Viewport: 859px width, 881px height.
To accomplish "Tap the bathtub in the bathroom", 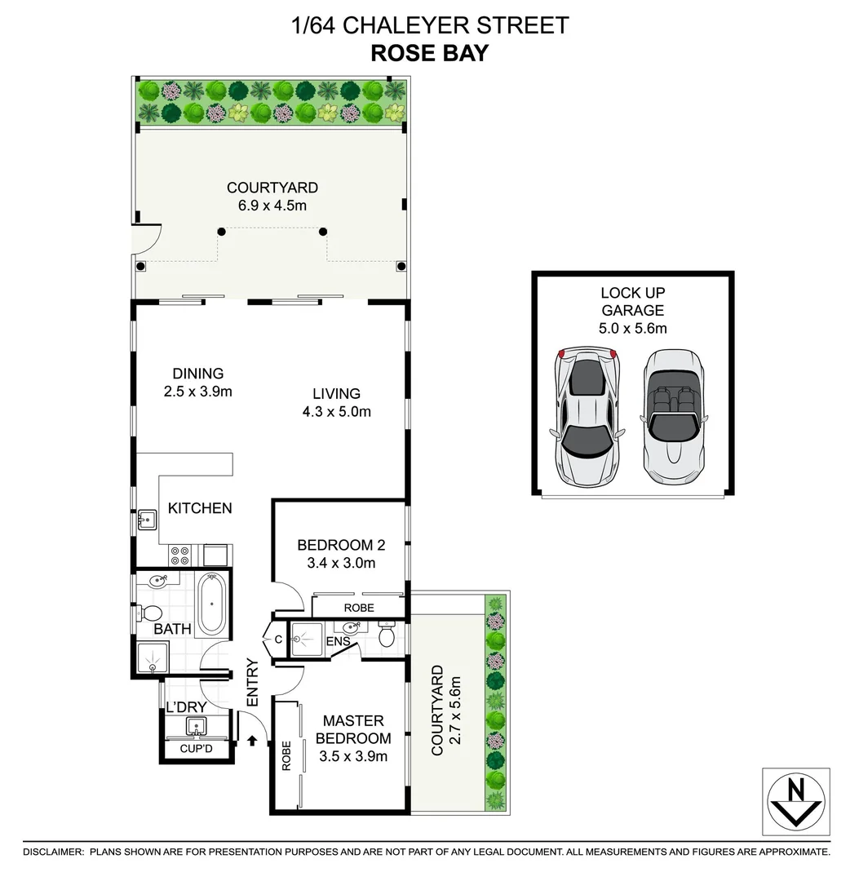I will tap(212, 604).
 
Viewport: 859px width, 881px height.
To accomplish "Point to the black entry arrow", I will tap(252, 741).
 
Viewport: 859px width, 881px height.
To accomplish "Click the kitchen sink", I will tap(148, 519).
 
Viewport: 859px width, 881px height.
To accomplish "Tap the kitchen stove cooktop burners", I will tap(180, 556).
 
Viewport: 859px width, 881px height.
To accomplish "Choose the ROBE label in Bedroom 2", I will tap(359, 608).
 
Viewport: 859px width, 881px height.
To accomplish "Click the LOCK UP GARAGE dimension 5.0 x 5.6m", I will tap(633, 329).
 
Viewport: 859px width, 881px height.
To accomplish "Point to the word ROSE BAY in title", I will tap(429, 54).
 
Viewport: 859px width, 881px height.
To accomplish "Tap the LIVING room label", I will tap(336, 393).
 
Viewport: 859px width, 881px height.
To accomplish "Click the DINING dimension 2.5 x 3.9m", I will tap(198, 392).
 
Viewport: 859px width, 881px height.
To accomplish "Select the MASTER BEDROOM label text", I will tap(353, 729).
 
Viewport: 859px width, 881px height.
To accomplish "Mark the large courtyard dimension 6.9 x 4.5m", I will tap(272, 206).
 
